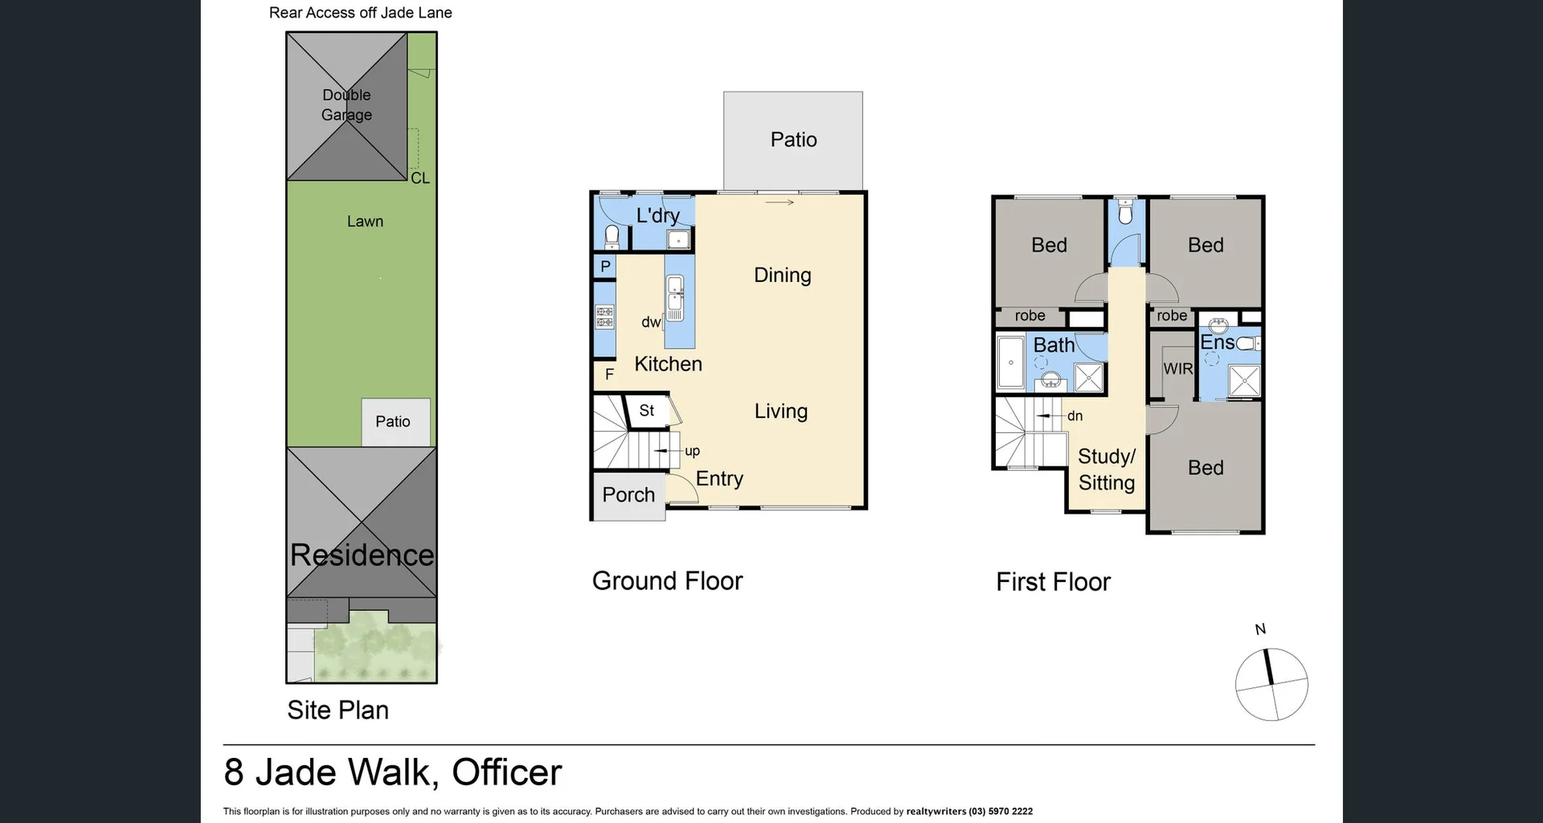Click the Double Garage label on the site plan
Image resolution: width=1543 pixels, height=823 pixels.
pyautogui.click(x=346, y=105)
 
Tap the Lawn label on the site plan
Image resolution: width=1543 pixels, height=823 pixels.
pyautogui.click(x=365, y=221)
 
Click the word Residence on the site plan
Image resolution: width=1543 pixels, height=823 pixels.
pyautogui.click(x=362, y=555)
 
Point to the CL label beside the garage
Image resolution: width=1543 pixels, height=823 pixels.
pyautogui.click(x=420, y=178)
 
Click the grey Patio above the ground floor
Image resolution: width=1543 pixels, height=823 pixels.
pyautogui.click(x=793, y=140)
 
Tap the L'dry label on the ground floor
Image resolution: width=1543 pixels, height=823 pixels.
pyautogui.click(x=657, y=215)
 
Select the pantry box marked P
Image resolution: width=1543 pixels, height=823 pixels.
pyautogui.click(x=605, y=267)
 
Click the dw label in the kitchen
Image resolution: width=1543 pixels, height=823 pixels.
pyautogui.click(x=651, y=322)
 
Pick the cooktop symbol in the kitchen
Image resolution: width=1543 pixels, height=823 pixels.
pyautogui.click(x=604, y=317)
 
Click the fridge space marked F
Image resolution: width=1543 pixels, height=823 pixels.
pyautogui.click(x=609, y=374)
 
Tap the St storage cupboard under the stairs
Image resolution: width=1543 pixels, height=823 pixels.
pyautogui.click(x=647, y=411)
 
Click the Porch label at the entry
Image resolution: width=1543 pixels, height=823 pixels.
pyautogui.click(x=628, y=495)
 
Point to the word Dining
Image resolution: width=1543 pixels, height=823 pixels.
pyautogui.click(x=782, y=276)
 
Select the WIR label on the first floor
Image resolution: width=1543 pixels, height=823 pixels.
pyautogui.click(x=1178, y=369)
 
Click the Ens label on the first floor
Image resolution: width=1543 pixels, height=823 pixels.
pyautogui.click(x=1217, y=342)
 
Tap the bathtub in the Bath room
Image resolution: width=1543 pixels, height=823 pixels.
pyautogui.click(x=1010, y=362)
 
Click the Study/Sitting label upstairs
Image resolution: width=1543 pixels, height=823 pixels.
pyautogui.click(x=1107, y=469)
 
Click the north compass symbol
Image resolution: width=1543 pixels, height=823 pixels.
pyautogui.click(x=1271, y=684)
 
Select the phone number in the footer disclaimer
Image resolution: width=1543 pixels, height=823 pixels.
pyautogui.click(x=1001, y=812)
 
